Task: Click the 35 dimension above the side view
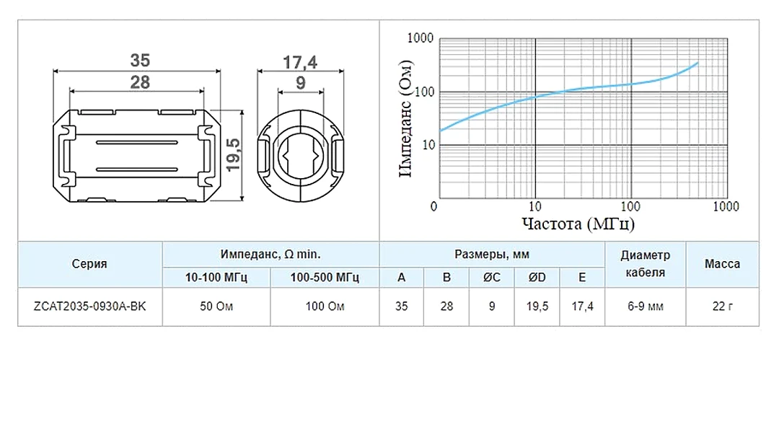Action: point(140,61)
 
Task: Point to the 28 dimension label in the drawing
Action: point(140,82)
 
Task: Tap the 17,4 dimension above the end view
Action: point(300,63)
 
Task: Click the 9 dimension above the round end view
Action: point(301,83)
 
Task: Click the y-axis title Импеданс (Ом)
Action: point(406,118)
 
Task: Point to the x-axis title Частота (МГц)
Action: point(578,224)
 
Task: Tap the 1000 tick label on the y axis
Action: point(421,38)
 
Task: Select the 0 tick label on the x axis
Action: point(433,206)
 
